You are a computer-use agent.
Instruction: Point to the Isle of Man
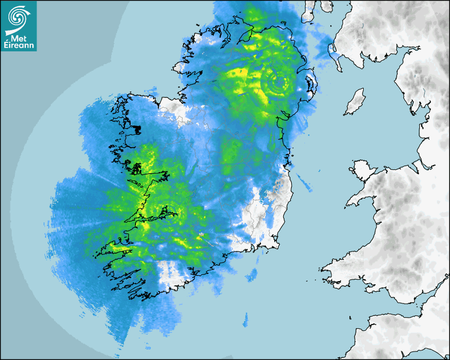(356, 102)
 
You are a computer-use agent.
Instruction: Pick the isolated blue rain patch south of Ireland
(246, 320)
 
